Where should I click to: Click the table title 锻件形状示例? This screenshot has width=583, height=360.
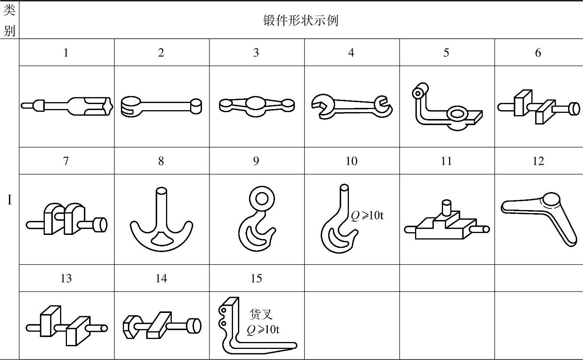[301, 20]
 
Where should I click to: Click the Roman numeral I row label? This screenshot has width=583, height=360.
[10, 200]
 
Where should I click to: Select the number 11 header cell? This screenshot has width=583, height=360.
[446, 161]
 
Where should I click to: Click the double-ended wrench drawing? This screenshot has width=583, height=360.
[352, 106]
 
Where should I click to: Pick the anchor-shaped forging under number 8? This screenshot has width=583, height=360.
[161, 219]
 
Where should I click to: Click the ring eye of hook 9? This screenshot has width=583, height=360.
[262, 199]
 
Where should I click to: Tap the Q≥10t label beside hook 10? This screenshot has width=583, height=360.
[367, 215]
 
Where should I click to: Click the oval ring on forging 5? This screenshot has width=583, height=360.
[457, 114]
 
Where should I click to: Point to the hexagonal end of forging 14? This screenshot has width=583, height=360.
[129, 327]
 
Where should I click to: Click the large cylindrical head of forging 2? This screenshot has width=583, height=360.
[131, 107]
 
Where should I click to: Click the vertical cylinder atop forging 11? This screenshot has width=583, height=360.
[446, 207]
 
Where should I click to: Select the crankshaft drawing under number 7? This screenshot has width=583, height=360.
[67, 219]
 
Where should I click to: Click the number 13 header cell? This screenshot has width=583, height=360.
[66, 278]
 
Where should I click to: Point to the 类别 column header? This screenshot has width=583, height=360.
[9, 20]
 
